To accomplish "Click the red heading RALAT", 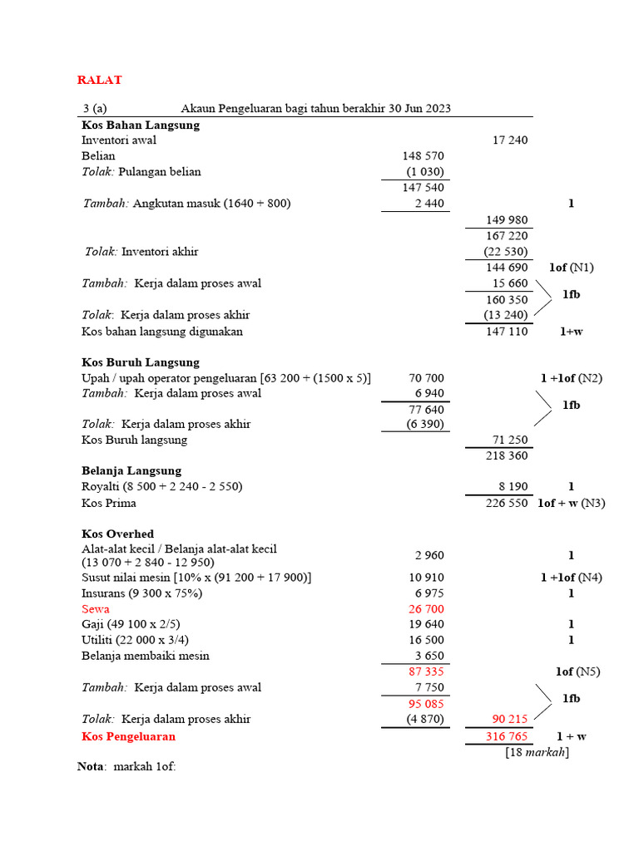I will [x=100, y=80].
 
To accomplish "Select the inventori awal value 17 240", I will [x=510, y=140].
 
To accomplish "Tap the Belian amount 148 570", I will [x=424, y=156].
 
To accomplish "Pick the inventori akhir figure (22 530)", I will [x=506, y=252].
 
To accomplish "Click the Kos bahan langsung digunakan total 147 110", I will [x=507, y=331].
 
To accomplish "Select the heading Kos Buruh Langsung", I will [x=141, y=362].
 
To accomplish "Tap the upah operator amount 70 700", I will [x=426, y=378].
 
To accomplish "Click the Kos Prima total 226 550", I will [x=507, y=503].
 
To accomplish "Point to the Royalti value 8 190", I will [x=510, y=486].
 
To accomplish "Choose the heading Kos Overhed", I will [x=117, y=534].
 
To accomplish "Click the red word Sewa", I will [x=95, y=609].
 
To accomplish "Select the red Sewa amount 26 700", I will [x=426, y=609].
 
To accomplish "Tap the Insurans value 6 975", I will [x=429, y=593].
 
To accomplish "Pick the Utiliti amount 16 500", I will [x=426, y=640].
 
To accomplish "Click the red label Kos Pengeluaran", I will [x=129, y=736].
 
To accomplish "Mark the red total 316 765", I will [x=507, y=736].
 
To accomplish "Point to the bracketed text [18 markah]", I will [x=537, y=752].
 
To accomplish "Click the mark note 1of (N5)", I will [x=577, y=671].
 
